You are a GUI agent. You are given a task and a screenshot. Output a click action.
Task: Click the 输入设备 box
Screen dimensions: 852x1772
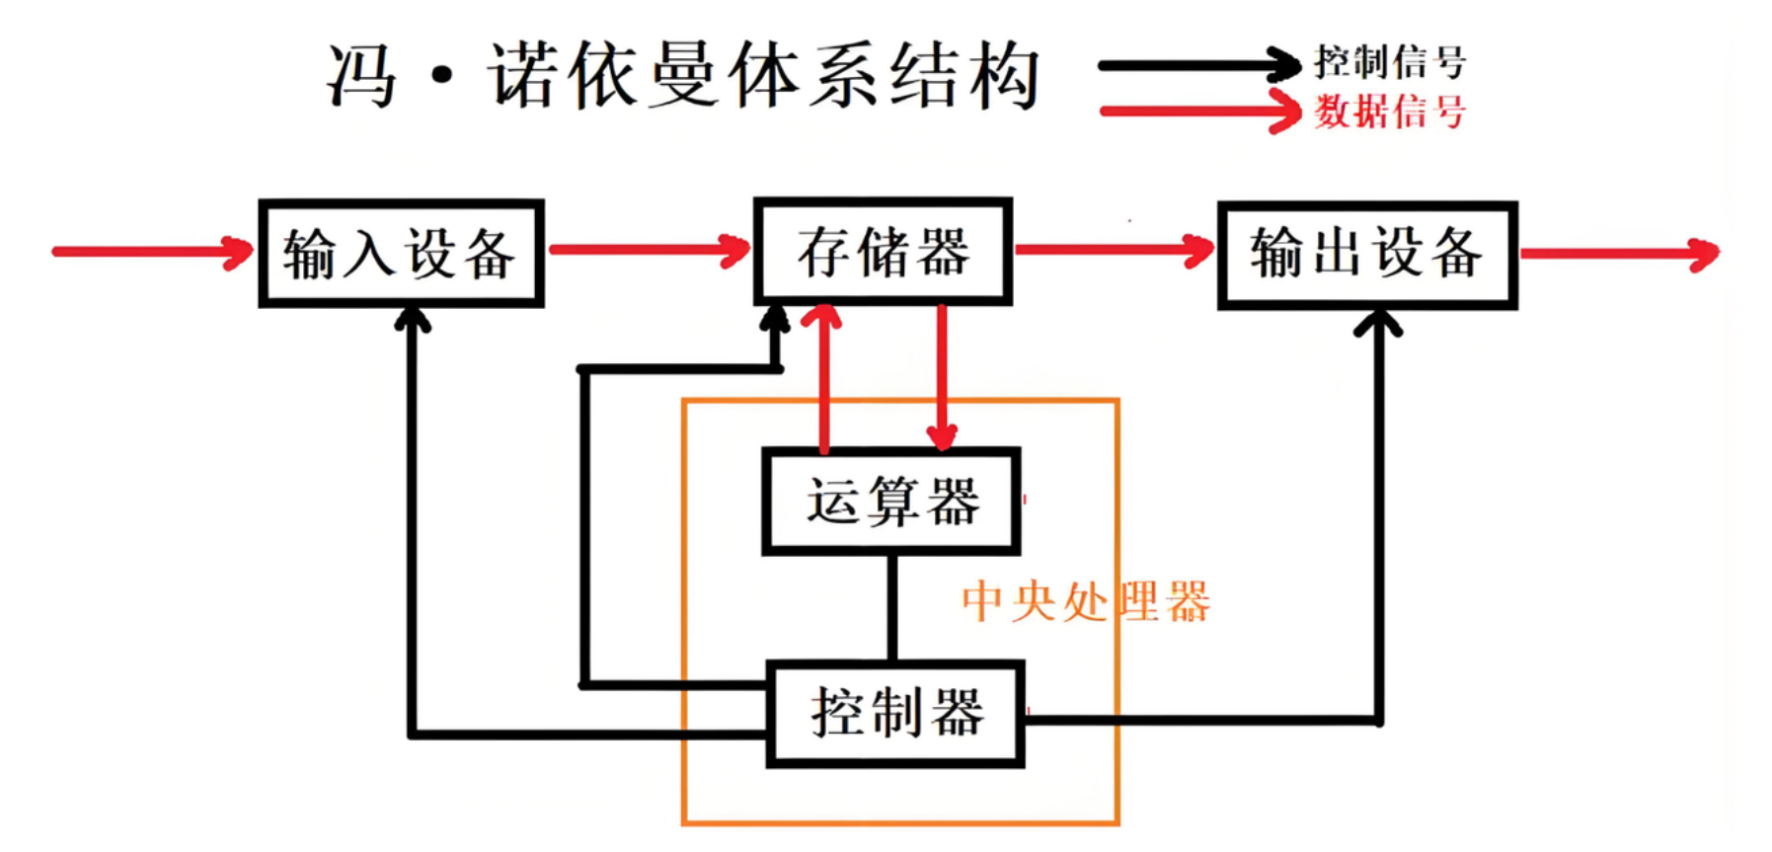coord(401,254)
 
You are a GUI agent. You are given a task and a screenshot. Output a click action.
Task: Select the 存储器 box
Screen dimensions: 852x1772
coord(883,252)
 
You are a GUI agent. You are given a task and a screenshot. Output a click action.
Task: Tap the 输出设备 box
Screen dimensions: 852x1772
coord(1367,256)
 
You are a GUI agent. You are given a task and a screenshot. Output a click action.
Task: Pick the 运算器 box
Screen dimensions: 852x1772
coord(890,501)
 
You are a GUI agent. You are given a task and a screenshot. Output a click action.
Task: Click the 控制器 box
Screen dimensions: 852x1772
coord(895,714)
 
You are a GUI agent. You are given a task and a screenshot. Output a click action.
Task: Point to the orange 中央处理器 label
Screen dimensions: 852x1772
coord(1086,601)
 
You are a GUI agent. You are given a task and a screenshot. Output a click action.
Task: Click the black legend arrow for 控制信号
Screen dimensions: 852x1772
coord(1199,66)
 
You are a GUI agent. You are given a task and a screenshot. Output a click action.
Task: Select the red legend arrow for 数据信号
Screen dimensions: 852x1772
coord(1199,111)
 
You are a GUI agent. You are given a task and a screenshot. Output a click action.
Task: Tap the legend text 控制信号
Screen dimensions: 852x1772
coord(1389,62)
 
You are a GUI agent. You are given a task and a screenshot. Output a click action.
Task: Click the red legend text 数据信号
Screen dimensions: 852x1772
coord(1389,111)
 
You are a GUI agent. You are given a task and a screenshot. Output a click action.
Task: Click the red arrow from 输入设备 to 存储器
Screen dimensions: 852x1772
coord(649,250)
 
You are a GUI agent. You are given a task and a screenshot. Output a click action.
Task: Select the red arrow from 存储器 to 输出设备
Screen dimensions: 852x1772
coord(1114,250)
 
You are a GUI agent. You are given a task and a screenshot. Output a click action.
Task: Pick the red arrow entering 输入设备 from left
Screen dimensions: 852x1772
coord(153,252)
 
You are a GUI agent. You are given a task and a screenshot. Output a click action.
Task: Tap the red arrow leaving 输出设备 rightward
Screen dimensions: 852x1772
coord(1619,254)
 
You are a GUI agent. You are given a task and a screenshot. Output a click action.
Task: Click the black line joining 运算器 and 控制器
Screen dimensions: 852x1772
coord(892,607)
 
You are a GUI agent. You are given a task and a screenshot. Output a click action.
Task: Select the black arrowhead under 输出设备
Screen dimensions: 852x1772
coord(1378,324)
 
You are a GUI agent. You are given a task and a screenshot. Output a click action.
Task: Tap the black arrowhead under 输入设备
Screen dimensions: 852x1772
coord(413,320)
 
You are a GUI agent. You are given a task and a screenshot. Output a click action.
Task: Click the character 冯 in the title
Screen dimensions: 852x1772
coord(362,76)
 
